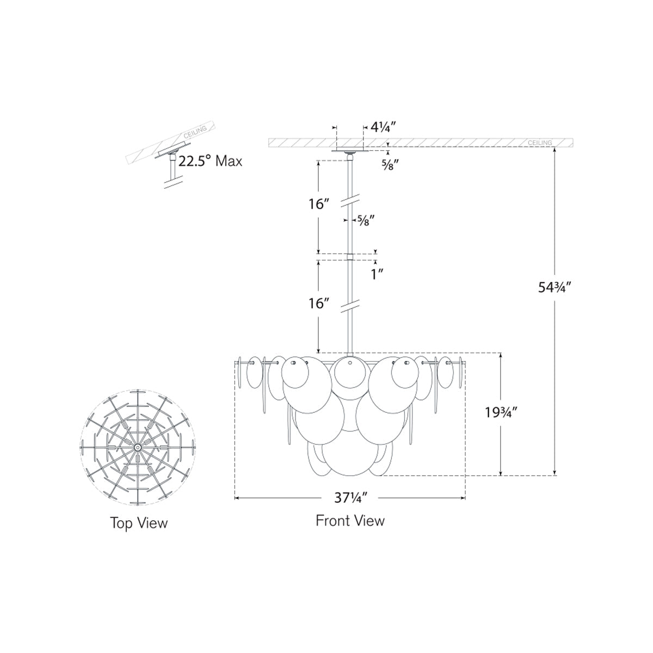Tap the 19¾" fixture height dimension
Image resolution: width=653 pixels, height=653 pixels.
tap(501, 412)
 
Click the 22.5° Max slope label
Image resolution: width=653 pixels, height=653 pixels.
tap(210, 161)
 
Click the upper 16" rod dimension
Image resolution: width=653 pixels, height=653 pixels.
tap(319, 205)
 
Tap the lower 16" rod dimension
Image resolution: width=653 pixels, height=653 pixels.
tap(319, 303)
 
